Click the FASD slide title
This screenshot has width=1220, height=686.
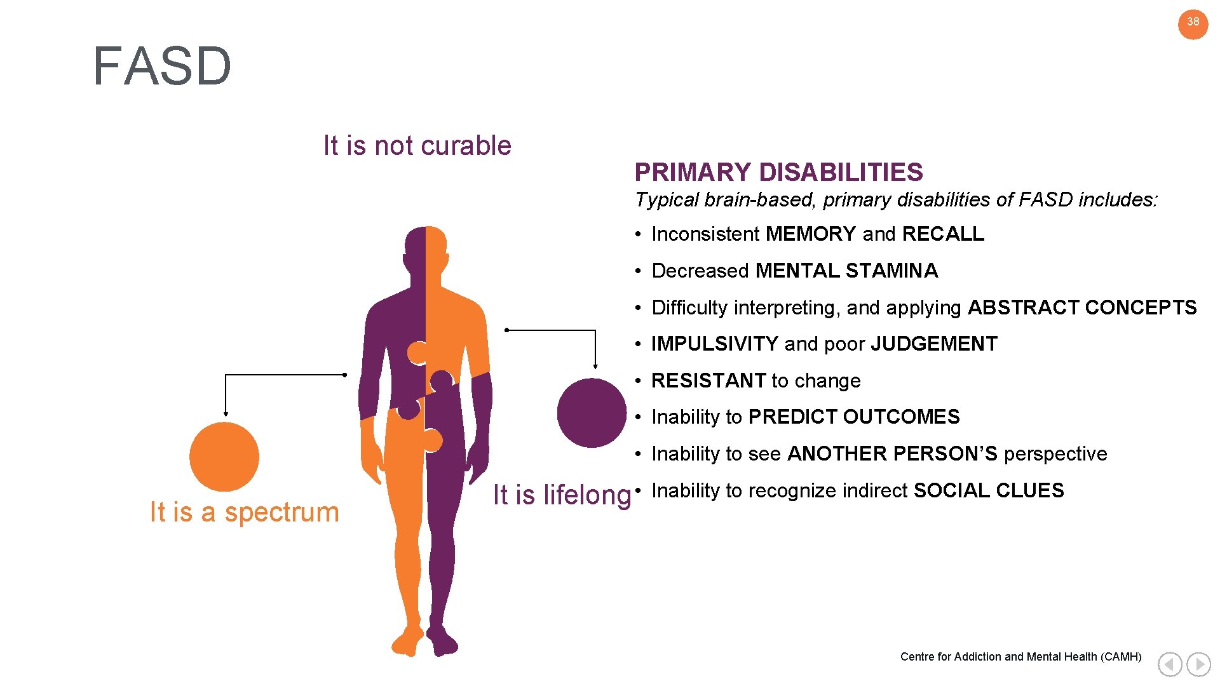pos(162,66)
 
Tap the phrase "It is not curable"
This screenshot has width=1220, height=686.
pos(417,146)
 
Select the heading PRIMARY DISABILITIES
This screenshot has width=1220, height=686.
pos(778,172)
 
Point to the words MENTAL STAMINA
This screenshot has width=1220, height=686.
pos(846,271)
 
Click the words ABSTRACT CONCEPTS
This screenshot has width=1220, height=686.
pos(1081,308)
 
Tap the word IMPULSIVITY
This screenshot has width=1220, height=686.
pos(714,344)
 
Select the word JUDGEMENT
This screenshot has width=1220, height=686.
pos(933,344)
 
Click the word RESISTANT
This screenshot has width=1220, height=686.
pos(708,381)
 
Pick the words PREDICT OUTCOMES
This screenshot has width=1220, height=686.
pos(854,417)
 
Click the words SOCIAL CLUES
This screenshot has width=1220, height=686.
pos(988,491)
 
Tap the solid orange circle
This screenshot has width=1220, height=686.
pos(224,457)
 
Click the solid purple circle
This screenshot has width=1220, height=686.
pos(592,413)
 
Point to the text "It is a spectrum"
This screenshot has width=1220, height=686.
pos(245,513)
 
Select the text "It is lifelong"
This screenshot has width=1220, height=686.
pos(562,495)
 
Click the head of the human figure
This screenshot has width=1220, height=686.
pos(425,245)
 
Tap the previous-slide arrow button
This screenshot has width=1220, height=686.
pos(1170,664)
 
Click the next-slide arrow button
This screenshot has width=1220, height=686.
pos(1198,664)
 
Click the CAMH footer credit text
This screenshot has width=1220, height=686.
pos(1020,657)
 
